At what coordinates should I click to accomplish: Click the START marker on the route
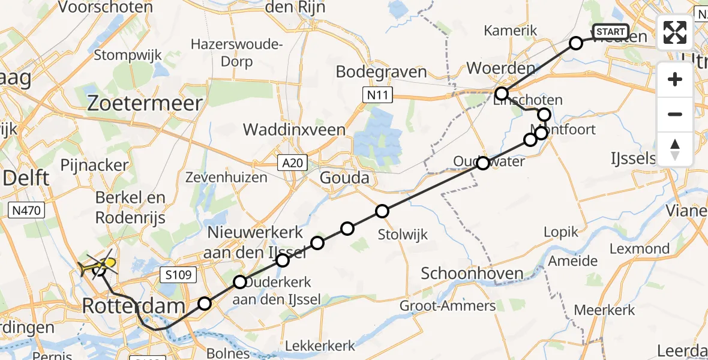pyautogui.click(x=610, y=32)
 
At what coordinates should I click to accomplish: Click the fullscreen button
pyautogui.click(x=675, y=32)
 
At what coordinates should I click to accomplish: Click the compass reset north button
pyautogui.click(x=675, y=149)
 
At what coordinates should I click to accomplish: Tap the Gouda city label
pyautogui.click(x=344, y=178)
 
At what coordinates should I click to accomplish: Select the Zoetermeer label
pyautogui.click(x=146, y=103)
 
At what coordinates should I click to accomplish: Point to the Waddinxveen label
pyautogui.click(x=294, y=130)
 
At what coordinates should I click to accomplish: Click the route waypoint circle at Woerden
pyautogui.click(x=502, y=94)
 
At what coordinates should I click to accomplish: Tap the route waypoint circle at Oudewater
pyautogui.click(x=482, y=163)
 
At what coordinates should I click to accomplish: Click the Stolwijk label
pyautogui.click(x=404, y=235)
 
